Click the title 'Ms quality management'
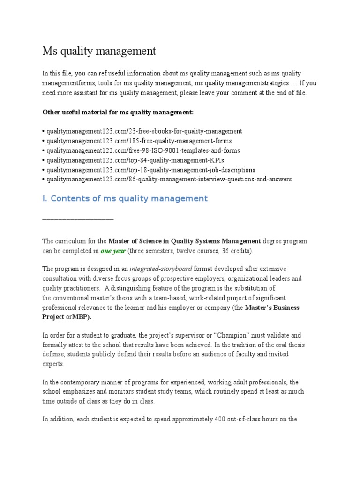pyautogui.click(x=99, y=51)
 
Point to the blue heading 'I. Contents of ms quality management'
pyautogui.click(x=125, y=198)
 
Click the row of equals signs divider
pyautogui.click(x=78, y=219)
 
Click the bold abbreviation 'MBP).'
pyautogui.click(x=82, y=316)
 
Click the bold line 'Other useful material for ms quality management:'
pyautogui.click(x=118, y=112)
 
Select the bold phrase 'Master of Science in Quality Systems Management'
pyautogui.click(x=185, y=241)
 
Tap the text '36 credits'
pyautogui.click(x=236, y=251)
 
